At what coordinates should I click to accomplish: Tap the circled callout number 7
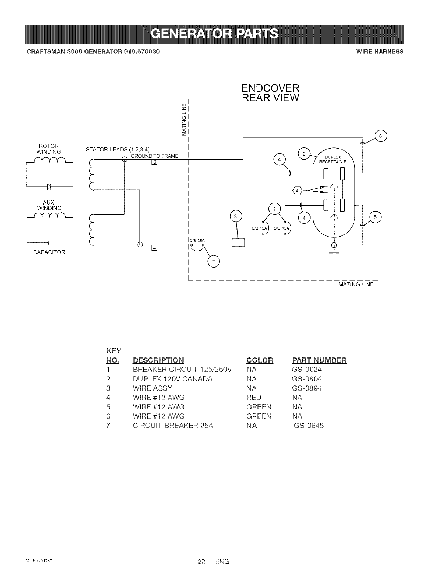[213, 262]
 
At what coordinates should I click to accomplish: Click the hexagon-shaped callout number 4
[297, 191]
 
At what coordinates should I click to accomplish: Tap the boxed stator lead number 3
[155, 163]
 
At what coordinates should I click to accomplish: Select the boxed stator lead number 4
[155, 248]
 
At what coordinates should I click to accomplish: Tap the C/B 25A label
[197, 241]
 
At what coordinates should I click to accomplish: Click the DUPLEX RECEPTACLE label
[333, 160]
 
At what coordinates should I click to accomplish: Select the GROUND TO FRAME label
[155, 156]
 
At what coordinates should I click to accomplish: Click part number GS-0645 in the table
[309, 426]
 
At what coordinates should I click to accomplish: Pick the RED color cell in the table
[254, 398]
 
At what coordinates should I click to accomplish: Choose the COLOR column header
[260, 360]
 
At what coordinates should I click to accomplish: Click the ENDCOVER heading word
[270, 88]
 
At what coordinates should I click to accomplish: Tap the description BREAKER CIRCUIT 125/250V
[182, 370]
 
